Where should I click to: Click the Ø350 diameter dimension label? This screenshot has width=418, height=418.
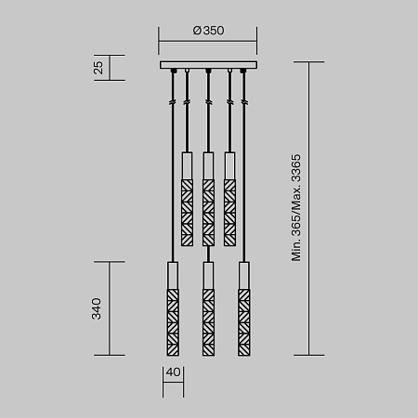pos(209,30)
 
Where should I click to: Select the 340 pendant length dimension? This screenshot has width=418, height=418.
pos(97,308)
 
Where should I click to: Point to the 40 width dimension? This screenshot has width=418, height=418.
pos(173,373)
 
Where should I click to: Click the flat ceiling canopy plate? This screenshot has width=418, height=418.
pos(208,65)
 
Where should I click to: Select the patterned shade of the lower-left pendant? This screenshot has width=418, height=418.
pos(172,321)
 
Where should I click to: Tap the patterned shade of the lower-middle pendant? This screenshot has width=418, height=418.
pos(208,321)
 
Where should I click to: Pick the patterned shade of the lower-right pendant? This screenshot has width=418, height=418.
pos(244,321)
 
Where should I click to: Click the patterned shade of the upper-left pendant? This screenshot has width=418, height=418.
pos(187,211)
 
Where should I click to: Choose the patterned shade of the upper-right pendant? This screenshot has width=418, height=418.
pos(229,211)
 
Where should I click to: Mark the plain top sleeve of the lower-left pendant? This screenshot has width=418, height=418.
pos(172,276)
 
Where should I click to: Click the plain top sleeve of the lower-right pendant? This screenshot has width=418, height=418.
pos(244,276)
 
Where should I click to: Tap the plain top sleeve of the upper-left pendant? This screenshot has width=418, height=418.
pos(187,164)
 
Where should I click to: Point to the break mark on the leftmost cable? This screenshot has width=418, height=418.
pos(172,101)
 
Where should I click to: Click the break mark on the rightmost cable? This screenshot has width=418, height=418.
pos(244,101)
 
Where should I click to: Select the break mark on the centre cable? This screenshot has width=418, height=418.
pos(208,101)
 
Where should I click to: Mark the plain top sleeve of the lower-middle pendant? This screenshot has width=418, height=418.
pos(208,276)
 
